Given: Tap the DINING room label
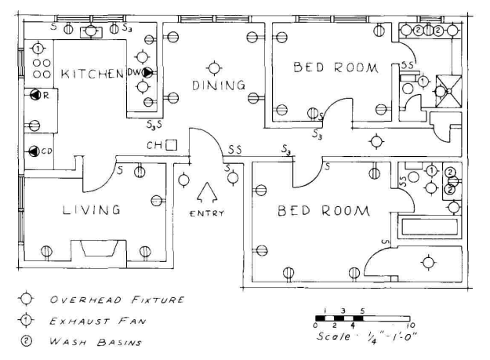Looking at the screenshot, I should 218,85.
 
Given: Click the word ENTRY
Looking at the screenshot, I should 207,213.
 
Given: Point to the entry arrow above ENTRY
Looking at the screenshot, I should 208,193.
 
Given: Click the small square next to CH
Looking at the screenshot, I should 170,145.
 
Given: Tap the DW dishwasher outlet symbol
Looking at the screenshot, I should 147,73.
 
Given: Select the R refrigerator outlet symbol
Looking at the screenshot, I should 36,95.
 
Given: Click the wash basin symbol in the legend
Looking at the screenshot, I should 26,341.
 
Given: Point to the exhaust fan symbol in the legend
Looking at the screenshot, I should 26,320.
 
